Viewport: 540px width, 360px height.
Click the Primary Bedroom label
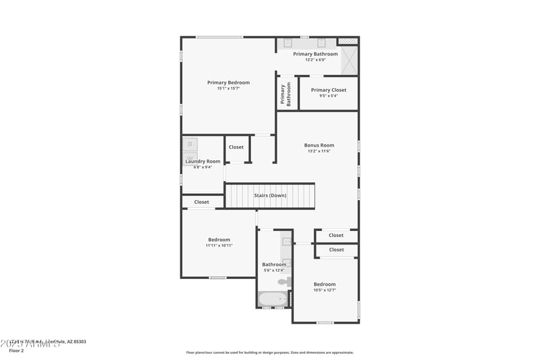pos(228,82)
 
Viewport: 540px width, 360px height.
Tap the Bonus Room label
pos(319,145)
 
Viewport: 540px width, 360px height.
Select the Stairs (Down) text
pos(270,195)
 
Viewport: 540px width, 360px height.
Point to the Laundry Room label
pos(202,161)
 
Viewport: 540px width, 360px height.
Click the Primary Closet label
pos(328,90)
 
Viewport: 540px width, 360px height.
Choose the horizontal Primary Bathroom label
pos(315,54)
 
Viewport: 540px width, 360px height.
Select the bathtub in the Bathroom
pos(273,298)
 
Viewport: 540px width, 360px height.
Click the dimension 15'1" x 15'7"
pos(228,88)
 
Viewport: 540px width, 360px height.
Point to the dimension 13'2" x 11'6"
pos(319,151)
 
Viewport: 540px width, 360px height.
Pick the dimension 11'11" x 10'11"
pos(219,245)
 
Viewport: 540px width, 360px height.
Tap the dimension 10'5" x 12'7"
pos(324,290)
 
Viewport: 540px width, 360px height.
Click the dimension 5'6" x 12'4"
pos(273,270)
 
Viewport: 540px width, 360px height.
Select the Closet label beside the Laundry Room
pos(236,147)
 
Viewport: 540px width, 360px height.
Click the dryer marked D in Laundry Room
pos(190,144)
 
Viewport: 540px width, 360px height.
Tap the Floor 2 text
pos(16,351)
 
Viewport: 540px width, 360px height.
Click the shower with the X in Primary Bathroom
pos(349,61)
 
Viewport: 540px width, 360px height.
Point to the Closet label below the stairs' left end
pos(202,202)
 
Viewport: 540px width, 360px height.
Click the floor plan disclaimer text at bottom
pos(269,352)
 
